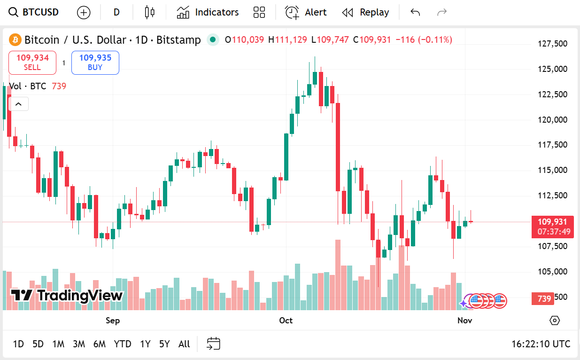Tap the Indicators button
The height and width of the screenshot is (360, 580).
(x=208, y=12)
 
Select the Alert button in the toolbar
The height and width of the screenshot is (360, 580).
(x=306, y=12)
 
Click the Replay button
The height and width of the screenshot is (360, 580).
(x=365, y=12)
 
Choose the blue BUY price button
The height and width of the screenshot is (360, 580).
(x=95, y=63)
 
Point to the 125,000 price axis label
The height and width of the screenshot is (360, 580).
(x=552, y=69)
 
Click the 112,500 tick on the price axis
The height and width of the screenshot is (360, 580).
(x=552, y=196)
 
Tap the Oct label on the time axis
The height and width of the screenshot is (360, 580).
(x=286, y=321)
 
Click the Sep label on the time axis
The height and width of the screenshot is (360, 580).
(x=113, y=321)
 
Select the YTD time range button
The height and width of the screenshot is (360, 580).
(x=123, y=344)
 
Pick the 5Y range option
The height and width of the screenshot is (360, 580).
(x=164, y=344)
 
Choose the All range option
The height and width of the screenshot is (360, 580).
(x=184, y=344)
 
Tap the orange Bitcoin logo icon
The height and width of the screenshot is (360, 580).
(x=15, y=40)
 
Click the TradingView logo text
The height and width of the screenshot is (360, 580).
(x=67, y=296)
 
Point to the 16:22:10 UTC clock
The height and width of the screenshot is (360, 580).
(x=541, y=344)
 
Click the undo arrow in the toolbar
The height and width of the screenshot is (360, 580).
(x=415, y=12)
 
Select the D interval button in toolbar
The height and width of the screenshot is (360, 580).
(x=116, y=12)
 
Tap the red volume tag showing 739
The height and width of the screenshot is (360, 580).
(x=544, y=298)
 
